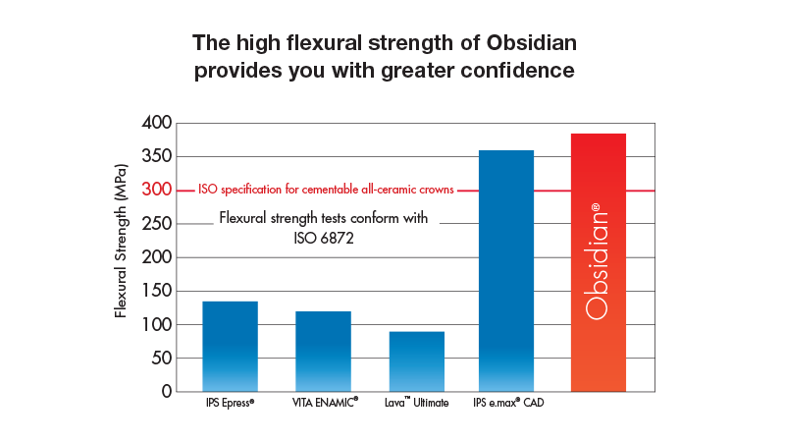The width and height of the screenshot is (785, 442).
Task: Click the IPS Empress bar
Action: click(x=230, y=346)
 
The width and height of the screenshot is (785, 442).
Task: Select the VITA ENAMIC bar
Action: click(x=323, y=351)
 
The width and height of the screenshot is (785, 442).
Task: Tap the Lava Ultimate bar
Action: click(x=416, y=360)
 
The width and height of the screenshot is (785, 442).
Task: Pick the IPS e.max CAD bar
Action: click(x=506, y=270)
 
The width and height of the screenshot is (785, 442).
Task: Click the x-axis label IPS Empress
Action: click(x=230, y=403)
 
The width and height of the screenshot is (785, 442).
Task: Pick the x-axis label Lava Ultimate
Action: click(x=416, y=403)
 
